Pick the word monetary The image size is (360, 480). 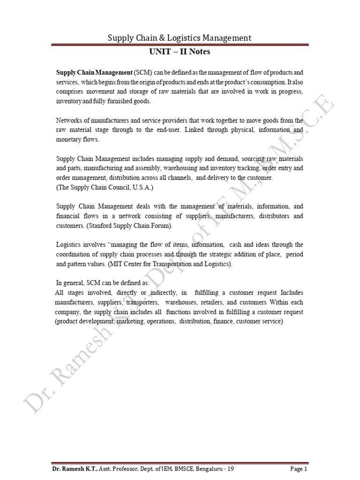69,139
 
